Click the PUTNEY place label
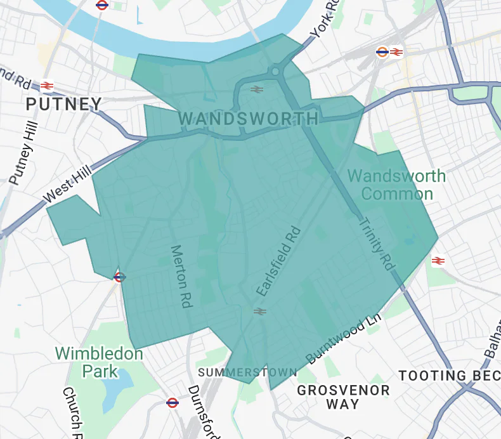pos(64,104)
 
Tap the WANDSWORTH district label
pos(249,119)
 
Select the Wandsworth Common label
pos(397,185)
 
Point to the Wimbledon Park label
pos(98,362)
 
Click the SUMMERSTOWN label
pos(247,372)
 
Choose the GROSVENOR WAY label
pos(343,396)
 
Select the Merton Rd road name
pos(181,277)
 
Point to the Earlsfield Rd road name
pos(277,261)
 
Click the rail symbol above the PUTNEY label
pos(46,86)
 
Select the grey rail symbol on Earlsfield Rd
pos(259,311)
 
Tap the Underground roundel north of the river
pos(102,5)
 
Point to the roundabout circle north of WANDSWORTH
pos(275,72)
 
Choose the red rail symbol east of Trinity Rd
pos(437,260)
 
